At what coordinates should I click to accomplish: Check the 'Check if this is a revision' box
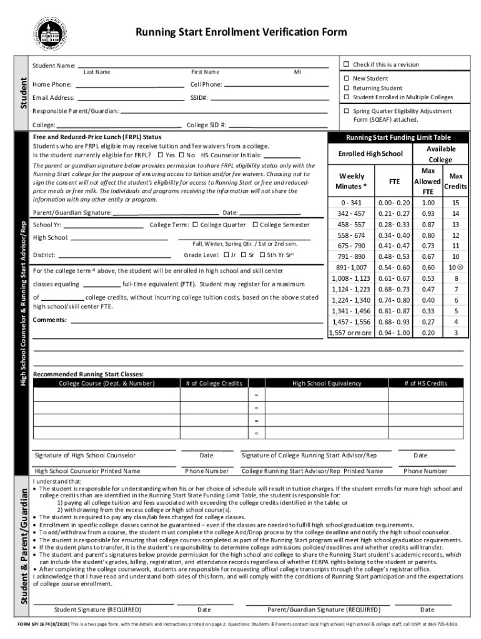point(347,65)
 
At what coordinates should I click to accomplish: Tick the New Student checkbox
point(347,79)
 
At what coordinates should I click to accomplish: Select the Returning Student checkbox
point(347,88)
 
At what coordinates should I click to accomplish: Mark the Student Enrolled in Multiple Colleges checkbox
point(347,97)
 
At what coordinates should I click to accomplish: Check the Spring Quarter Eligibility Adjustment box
point(347,110)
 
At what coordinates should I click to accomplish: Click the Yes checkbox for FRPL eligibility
point(161,155)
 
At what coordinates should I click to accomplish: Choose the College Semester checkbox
point(255,225)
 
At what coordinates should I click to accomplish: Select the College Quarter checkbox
point(195,225)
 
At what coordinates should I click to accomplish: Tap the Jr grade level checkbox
point(226,255)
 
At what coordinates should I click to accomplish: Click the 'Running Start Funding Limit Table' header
point(395,138)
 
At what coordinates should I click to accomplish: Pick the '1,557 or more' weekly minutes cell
point(350,333)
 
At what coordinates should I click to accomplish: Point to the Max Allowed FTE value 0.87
point(428,224)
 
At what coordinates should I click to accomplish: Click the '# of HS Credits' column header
point(425,383)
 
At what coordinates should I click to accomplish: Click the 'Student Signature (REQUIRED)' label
point(97,610)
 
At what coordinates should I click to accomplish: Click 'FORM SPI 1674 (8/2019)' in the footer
point(43,624)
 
